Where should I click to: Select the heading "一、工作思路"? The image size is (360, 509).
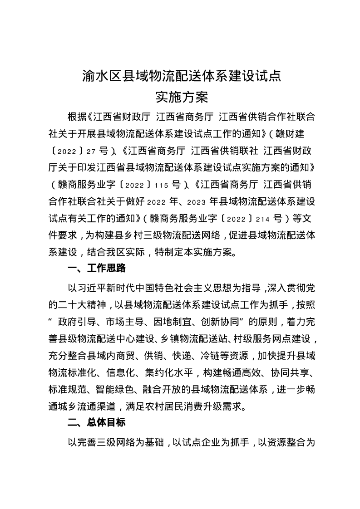(96, 268)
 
